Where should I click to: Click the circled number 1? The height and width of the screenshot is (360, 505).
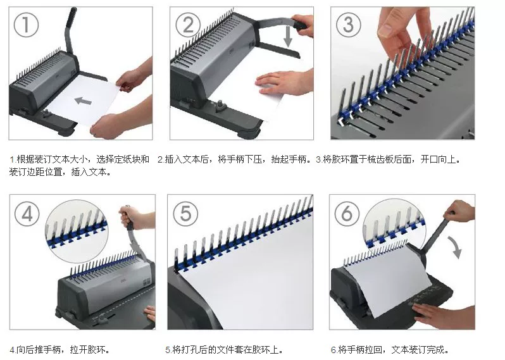pos(26,25)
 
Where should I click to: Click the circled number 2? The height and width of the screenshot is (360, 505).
pos(189,25)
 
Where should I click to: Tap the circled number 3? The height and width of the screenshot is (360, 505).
pos(349,25)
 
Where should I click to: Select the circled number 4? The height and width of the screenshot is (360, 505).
pos(27,213)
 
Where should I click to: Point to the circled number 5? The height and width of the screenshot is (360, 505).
pos(185,213)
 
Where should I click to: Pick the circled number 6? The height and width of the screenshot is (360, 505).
pos(347,213)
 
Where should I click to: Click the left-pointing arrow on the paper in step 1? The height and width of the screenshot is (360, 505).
pos(83,101)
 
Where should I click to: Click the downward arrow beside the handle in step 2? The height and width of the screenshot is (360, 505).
pos(288,36)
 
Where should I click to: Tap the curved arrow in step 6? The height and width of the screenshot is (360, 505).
pos(454,247)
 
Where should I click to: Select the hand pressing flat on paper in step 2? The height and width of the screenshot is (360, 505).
pos(284,82)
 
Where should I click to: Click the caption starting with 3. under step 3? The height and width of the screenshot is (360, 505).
pos(388,159)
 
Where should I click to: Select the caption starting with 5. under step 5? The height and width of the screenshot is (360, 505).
pos(224,349)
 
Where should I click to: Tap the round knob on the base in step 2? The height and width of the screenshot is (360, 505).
pos(221,104)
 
